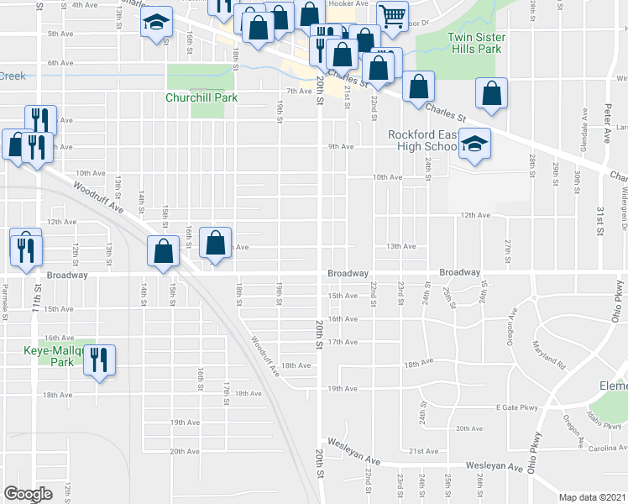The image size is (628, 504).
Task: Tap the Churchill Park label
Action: point(201,97)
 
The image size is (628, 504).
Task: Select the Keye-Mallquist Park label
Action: point(50,356)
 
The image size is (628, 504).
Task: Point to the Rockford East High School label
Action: point(424,140)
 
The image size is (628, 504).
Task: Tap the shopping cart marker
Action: point(392,14)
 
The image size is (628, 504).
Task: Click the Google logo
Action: point(28,493)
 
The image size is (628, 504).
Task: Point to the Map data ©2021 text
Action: point(593,497)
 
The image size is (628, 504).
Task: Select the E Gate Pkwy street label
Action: point(515,407)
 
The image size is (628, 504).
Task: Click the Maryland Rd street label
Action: point(546,353)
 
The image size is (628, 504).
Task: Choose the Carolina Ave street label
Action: point(608,449)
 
